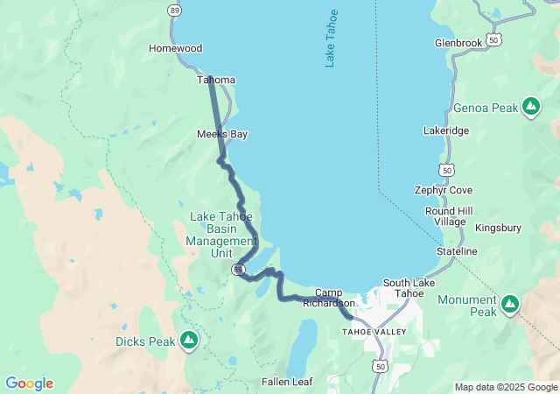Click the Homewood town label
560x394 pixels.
coord(175,48)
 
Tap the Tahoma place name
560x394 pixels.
coord(216,80)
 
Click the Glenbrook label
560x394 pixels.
coord(458,43)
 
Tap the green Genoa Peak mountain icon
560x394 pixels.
coord(530,108)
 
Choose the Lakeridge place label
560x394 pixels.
coord(445,130)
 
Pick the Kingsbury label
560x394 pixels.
coord(498,228)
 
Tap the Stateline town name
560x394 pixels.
coord(457,251)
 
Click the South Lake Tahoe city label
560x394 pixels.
coord(402,287)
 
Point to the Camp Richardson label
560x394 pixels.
coord(329,298)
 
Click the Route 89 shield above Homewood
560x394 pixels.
coord(176,9)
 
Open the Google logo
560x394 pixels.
coord(29,383)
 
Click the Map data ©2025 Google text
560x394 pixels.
coord(505,387)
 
